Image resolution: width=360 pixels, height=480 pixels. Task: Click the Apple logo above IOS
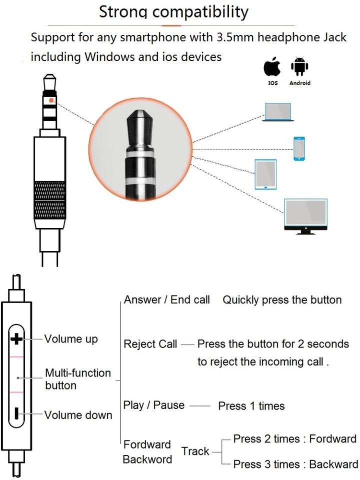click(x=272, y=67)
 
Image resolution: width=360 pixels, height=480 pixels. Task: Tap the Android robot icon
click(x=300, y=67)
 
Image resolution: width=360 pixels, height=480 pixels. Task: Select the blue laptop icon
click(x=278, y=112)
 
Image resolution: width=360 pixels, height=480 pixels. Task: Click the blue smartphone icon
click(x=299, y=148)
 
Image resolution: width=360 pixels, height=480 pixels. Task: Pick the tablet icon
click(x=265, y=174)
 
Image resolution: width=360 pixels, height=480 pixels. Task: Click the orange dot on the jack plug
click(x=51, y=100)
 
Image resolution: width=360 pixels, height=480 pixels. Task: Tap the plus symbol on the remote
click(x=16, y=339)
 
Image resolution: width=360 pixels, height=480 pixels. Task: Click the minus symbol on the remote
click(x=16, y=413)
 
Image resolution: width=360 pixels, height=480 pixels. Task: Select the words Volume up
click(x=71, y=339)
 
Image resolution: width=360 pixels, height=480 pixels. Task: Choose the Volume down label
click(x=78, y=415)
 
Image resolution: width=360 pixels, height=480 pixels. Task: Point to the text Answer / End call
click(x=166, y=300)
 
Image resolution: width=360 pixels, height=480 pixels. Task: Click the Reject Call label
click(x=150, y=344)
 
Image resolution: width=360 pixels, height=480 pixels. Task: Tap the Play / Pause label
click(x=154, y=405)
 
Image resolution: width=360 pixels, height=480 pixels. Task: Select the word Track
click(x=195, y=451)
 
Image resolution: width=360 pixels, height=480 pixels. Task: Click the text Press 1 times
click(x=251, y=405)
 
